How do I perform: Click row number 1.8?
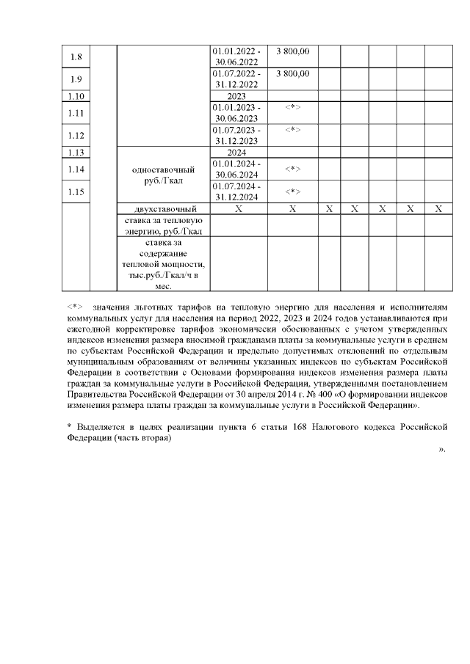76,56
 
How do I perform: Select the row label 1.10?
76,96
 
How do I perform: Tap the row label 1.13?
76,152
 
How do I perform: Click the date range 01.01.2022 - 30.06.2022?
236,56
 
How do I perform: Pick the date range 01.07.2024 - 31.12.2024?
236,191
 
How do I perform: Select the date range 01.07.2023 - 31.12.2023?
236,136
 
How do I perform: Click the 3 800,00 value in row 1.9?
292,73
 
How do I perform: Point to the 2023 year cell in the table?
236,96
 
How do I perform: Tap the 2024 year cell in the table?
236,152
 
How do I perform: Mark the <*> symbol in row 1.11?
292,108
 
